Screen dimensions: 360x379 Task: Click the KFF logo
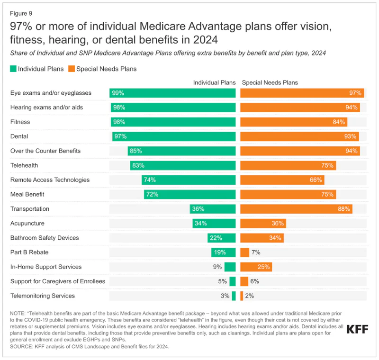point(357,329)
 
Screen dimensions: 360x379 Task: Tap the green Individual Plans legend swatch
point(13,69)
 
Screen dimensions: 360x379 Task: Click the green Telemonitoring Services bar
point(234,296)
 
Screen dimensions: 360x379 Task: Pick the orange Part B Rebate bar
point(244,252)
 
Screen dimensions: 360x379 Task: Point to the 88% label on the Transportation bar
point(344,209)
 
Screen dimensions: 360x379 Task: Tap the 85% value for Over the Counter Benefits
point(135,151)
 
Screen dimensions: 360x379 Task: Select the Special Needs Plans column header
point(270,82)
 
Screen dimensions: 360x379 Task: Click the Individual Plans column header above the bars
point(214,82)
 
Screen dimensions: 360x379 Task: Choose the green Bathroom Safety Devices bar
point(222,238)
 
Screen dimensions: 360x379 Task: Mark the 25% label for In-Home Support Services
point(264,267)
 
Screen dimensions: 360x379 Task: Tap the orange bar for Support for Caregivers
point(244,281)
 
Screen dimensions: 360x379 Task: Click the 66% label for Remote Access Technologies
point(316,180)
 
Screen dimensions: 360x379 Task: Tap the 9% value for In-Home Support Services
point(217,267)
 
